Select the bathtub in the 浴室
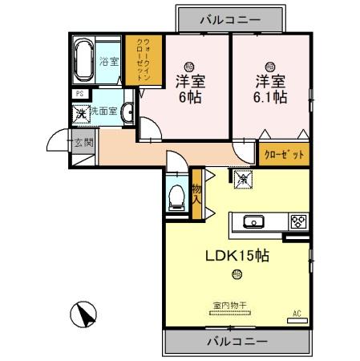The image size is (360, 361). pos(84,59)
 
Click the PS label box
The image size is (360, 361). pos(79,94)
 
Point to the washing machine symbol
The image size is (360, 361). pos(80,113)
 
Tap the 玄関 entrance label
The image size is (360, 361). pos(83,144)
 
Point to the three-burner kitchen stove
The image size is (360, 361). pos(297,221)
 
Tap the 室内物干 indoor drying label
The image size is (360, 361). pos(229,305)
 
